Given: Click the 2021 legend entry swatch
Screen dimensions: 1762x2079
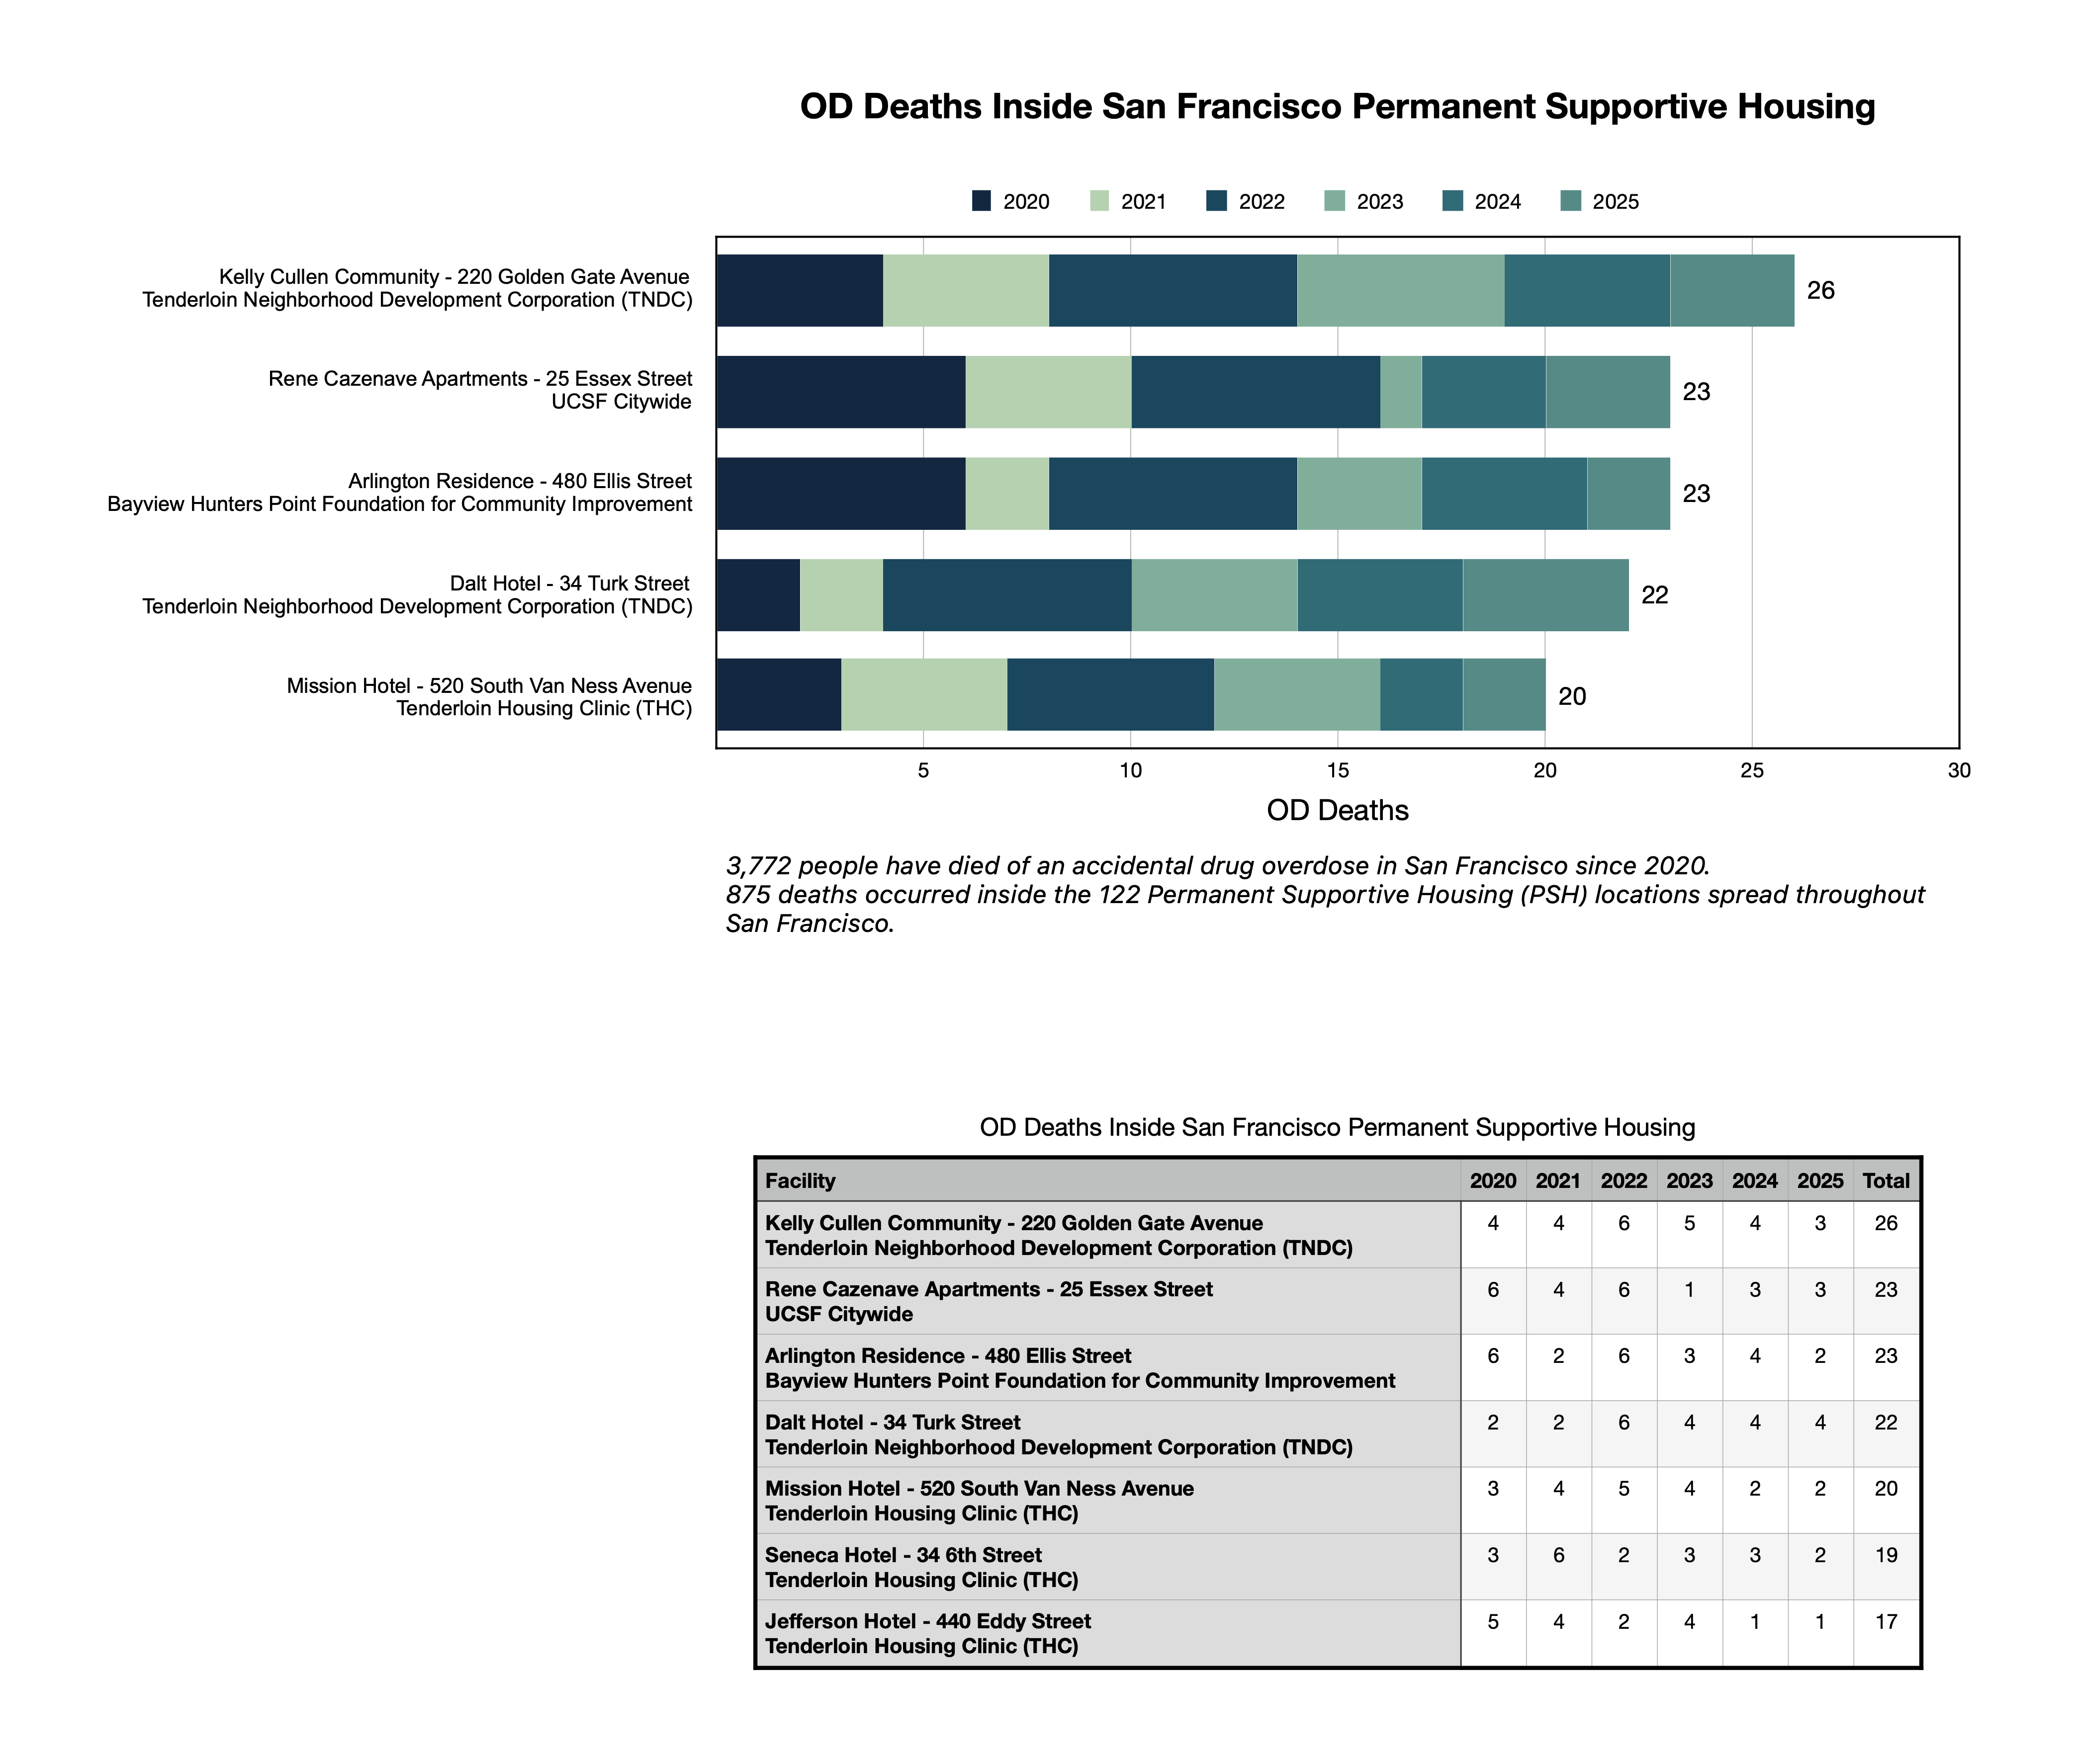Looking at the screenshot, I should [x=1099, y=201].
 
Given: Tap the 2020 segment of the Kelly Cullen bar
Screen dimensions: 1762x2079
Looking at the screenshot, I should [x=799, y=291].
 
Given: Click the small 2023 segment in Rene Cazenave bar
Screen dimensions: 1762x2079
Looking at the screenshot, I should [x=1401, y=392].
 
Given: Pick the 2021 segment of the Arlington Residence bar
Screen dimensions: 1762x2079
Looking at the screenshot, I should [x=1007, y=494].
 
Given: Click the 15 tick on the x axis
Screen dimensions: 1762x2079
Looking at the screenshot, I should [x=1338, y=770].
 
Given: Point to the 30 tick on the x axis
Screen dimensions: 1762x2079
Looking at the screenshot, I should [x=1958, y=770].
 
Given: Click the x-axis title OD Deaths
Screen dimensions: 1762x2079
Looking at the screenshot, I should [x=1337, y=810].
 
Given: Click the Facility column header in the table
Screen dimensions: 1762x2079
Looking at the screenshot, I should [x=800, y=1180].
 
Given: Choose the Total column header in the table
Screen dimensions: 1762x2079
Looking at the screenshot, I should [x=1885, y=1180].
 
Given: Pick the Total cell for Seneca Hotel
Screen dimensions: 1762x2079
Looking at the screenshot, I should [x=1885, y=1555].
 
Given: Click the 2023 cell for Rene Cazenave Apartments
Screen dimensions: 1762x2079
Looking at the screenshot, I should [x=1688, y=1289].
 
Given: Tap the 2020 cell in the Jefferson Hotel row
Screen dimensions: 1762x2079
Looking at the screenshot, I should [x=1493, y=1621].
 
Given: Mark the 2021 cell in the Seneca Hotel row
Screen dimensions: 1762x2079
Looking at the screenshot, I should [x=1557, y=1555].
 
